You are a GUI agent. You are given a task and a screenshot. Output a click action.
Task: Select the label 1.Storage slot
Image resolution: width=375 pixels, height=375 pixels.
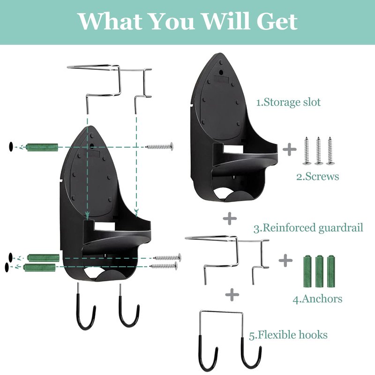[288, 102]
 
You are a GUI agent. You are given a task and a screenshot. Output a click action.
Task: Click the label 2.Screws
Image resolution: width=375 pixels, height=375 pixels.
[318, 177]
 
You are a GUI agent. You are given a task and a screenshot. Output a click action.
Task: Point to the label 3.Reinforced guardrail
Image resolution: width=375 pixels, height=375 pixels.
[308, 228]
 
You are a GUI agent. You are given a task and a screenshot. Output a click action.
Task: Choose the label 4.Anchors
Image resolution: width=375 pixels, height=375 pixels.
[317, 299]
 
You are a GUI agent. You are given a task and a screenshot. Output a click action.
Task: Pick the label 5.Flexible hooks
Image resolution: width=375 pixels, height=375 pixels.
[288, 335]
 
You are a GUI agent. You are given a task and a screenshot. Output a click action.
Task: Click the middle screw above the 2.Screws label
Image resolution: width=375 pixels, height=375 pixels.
[318, 151]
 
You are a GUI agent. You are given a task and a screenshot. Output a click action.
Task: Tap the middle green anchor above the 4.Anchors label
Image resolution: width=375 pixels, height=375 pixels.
[319, 271]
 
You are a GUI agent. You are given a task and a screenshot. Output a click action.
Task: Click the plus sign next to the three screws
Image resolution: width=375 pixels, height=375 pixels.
[289, 149]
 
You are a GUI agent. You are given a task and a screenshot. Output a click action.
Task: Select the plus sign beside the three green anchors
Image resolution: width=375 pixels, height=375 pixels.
[285, 260]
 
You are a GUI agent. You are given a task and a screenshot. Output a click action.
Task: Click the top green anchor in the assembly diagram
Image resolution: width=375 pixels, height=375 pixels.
[42, 147]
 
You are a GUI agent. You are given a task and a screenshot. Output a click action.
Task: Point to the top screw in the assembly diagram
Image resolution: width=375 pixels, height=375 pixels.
[159, 146]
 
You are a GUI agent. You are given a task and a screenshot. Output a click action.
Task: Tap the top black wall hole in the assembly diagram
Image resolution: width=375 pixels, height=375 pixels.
[11, 146]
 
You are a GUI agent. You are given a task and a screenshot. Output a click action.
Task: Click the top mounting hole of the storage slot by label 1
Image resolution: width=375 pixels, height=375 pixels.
[221, 72]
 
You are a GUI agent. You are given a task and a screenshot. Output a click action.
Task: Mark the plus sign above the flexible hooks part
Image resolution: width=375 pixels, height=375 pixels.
[232, 294]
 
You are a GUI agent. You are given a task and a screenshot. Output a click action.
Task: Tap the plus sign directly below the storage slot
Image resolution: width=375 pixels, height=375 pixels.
[230, 218]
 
